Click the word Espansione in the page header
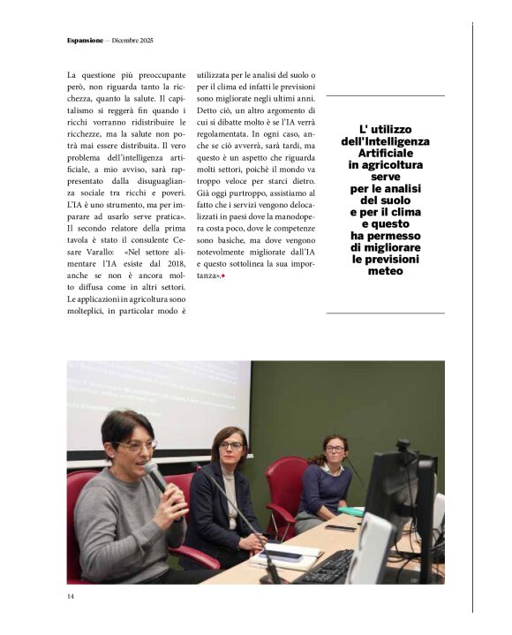(x=84, y=42)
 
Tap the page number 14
(x=71, y=596)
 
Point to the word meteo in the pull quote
(x=385, y=271)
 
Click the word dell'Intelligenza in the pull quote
(x=385, y=141)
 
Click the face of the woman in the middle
(x=230, y=448)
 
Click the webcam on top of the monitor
(x=403, y=446)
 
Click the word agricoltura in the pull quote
(x=385, y=165)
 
